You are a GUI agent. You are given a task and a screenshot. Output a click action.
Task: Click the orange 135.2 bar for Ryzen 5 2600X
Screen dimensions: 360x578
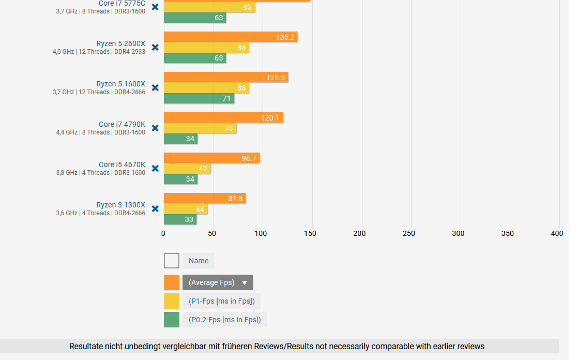pos(230,37)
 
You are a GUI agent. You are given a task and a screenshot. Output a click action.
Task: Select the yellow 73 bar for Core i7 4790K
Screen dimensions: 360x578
pos(200,128)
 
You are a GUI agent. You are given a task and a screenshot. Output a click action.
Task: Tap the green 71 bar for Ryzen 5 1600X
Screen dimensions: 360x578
pos(199,98)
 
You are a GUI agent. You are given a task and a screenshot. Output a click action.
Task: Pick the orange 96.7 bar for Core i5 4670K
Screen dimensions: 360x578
pos(211,158)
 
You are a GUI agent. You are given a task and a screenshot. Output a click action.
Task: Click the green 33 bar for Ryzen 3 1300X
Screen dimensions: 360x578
pos(180,219)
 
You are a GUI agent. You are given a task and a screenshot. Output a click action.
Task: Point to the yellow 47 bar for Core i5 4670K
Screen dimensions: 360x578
pos(187,169)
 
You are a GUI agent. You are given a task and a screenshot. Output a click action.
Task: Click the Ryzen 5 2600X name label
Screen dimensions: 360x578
pos(120,43)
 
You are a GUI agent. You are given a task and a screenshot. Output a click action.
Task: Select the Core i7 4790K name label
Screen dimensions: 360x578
pos(122,124)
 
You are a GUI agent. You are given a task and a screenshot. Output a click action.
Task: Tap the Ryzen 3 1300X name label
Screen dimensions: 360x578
pos(120,205)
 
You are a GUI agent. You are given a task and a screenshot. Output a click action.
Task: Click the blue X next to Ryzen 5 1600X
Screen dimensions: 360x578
pos(155,88)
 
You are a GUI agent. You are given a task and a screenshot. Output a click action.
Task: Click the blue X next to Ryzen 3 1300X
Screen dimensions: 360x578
pos(155,209)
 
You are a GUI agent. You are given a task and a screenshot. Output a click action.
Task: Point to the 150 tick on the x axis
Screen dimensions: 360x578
pos(310,233)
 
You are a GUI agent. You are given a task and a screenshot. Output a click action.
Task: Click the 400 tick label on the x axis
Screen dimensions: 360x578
pos(557,233)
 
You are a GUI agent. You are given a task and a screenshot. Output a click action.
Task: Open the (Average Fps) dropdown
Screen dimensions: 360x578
pos(218,282)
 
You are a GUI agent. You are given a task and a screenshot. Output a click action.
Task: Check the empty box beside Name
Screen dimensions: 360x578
pos(172,261)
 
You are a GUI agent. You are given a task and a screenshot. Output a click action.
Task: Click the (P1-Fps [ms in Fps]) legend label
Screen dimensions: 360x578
pos(221,301)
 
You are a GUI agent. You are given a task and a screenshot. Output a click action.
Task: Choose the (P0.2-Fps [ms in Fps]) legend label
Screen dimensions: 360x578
pos(224,320)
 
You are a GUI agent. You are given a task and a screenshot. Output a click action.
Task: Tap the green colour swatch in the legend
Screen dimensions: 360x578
pos(172,320)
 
